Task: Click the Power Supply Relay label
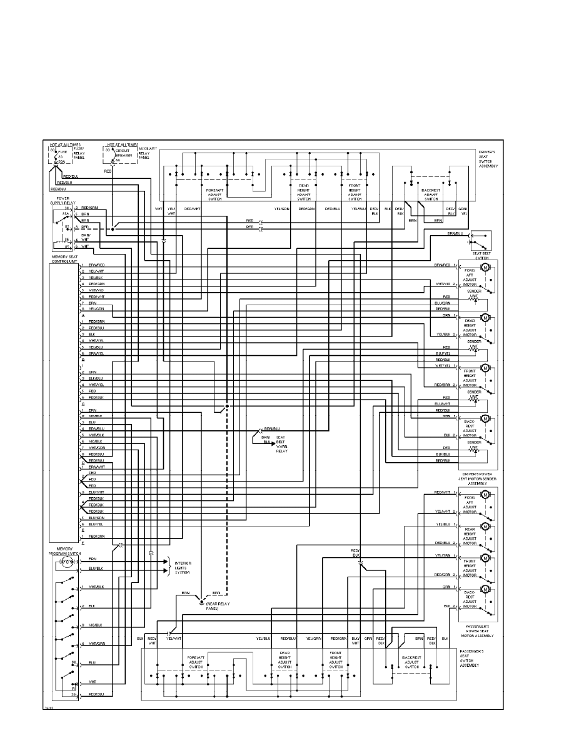tap(63, 201)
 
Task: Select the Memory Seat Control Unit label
tap(64, 258)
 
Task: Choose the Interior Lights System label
tap(182, 567)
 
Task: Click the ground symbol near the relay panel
tap(201, 601)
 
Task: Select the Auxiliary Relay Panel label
tap(147, 153)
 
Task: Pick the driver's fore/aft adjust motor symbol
tap(483, 266)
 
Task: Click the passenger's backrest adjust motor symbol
tap(484, 591)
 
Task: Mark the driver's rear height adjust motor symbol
tap(483, 316)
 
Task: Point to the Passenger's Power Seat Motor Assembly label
tap(480, 630)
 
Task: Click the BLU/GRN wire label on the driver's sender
tap(443, 303)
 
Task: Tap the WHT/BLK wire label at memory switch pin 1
tap(96, 587)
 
